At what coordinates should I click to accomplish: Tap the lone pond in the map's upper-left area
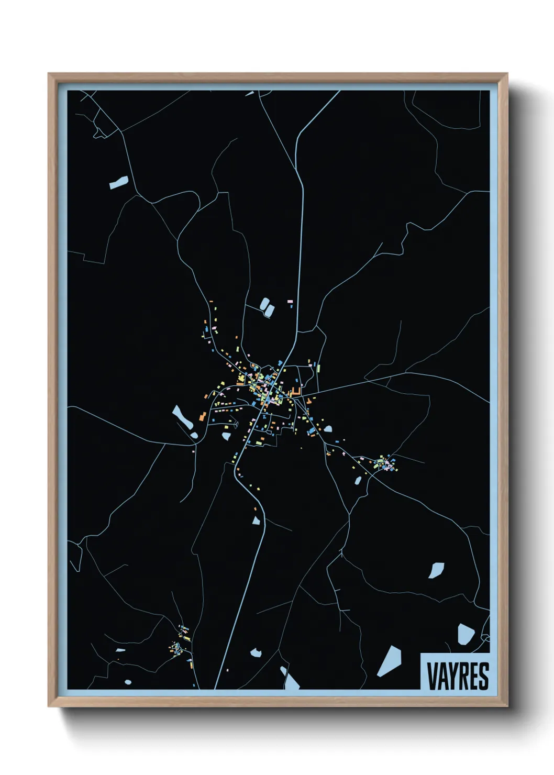coord(119,182)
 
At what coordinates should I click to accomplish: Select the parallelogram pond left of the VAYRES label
coord(390,661)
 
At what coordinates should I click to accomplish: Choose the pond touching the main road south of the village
coord(257,520)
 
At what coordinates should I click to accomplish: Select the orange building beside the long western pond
coord(202,416)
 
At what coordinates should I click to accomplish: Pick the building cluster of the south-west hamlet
coord(179,645)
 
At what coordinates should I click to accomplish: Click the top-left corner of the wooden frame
coord(49,74)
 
